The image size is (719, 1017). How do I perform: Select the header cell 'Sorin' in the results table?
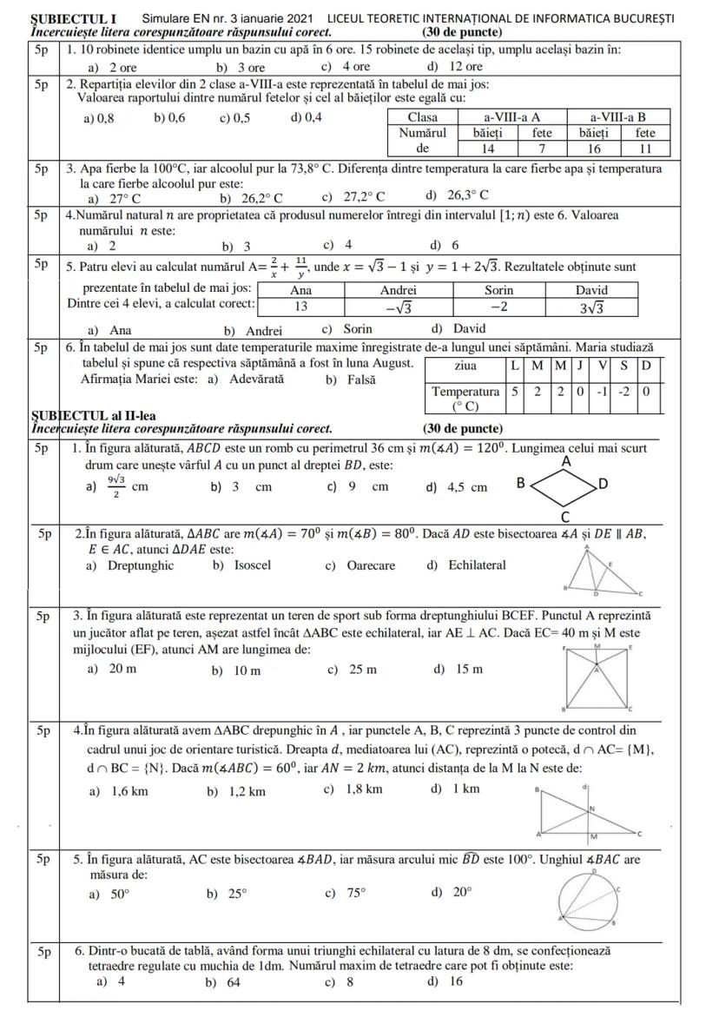click(498, 290)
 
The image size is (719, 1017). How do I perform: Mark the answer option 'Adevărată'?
click(257, 380)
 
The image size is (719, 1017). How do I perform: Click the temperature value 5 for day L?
click(515, 392)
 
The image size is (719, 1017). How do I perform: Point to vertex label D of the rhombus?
click(604, 483)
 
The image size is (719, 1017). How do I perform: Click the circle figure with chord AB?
click(589, 899)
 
